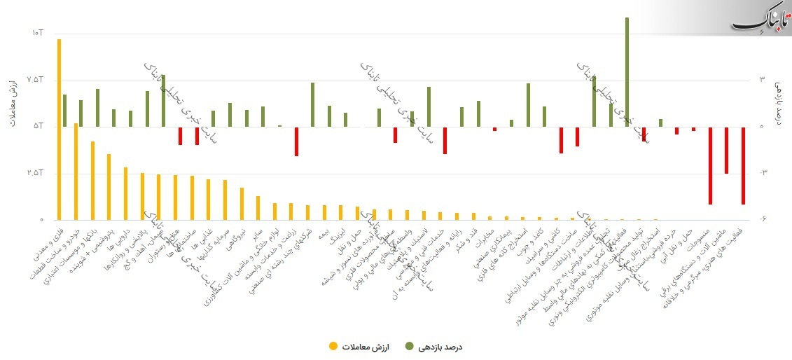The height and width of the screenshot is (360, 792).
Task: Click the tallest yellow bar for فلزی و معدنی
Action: point(60,130)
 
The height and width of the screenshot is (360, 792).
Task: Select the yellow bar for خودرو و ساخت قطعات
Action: point(76,172)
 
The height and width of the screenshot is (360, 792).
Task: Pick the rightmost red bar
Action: point(743,165)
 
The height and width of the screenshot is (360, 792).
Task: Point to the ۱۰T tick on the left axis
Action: point(37,33)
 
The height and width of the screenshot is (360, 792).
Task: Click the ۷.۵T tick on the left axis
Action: point(36,80)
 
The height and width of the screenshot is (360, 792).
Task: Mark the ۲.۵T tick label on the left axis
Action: point(36,173)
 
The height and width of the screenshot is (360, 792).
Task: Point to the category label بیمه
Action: point(322,231)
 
